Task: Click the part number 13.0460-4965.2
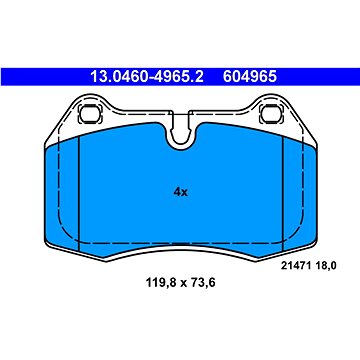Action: (147, 77)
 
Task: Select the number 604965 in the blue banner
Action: (250, 77)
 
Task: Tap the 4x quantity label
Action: (181, 192)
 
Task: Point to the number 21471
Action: (296, 266)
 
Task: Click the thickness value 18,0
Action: (325, 266)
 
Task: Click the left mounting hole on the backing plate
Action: (89, 113)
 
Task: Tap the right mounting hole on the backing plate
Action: (271, 113)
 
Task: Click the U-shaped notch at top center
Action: (180, 135)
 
